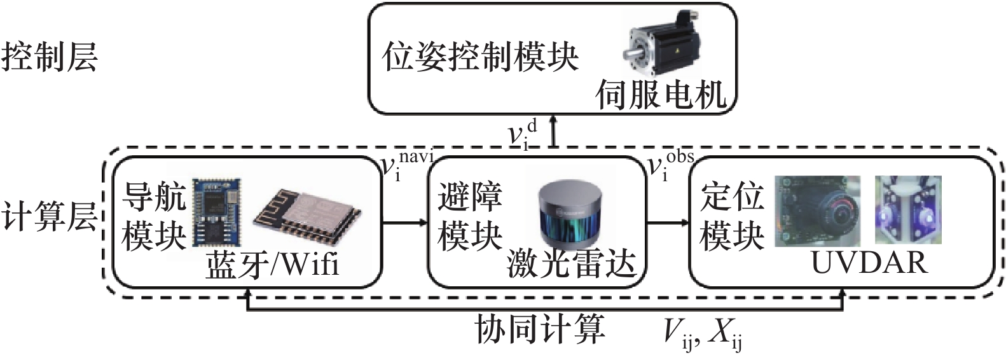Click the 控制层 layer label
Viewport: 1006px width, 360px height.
pos(50,57)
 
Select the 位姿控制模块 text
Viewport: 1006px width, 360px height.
pos(480,57)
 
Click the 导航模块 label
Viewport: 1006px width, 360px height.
pos(153,216)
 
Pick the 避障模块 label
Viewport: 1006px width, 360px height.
pos(470,216)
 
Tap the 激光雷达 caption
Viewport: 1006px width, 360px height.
pos(572,264)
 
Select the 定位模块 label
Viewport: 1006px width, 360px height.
pos(732,216)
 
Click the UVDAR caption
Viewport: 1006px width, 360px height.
pos(869,262)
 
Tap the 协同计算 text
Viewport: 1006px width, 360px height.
pos(540,329)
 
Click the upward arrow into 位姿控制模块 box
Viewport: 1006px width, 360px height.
pos(554,131)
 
